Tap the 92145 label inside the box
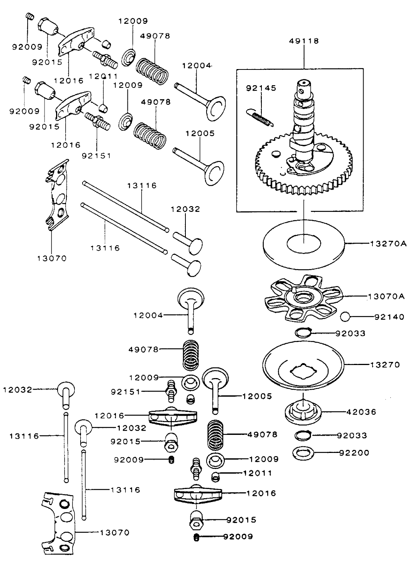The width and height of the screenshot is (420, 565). point(261,88)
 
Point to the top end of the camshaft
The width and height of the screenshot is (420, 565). point(304,83)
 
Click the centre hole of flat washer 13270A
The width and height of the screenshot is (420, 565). point(303,244)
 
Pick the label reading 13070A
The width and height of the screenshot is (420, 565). point(386,296)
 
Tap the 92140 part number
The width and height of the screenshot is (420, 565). point(389,317)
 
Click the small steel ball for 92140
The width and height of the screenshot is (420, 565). point(346,317)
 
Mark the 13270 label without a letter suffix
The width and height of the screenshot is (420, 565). point(385,364)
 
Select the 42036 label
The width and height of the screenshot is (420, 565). point(361,412)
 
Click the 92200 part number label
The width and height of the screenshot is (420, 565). point(354,453)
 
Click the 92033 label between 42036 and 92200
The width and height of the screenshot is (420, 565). point(352,435)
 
